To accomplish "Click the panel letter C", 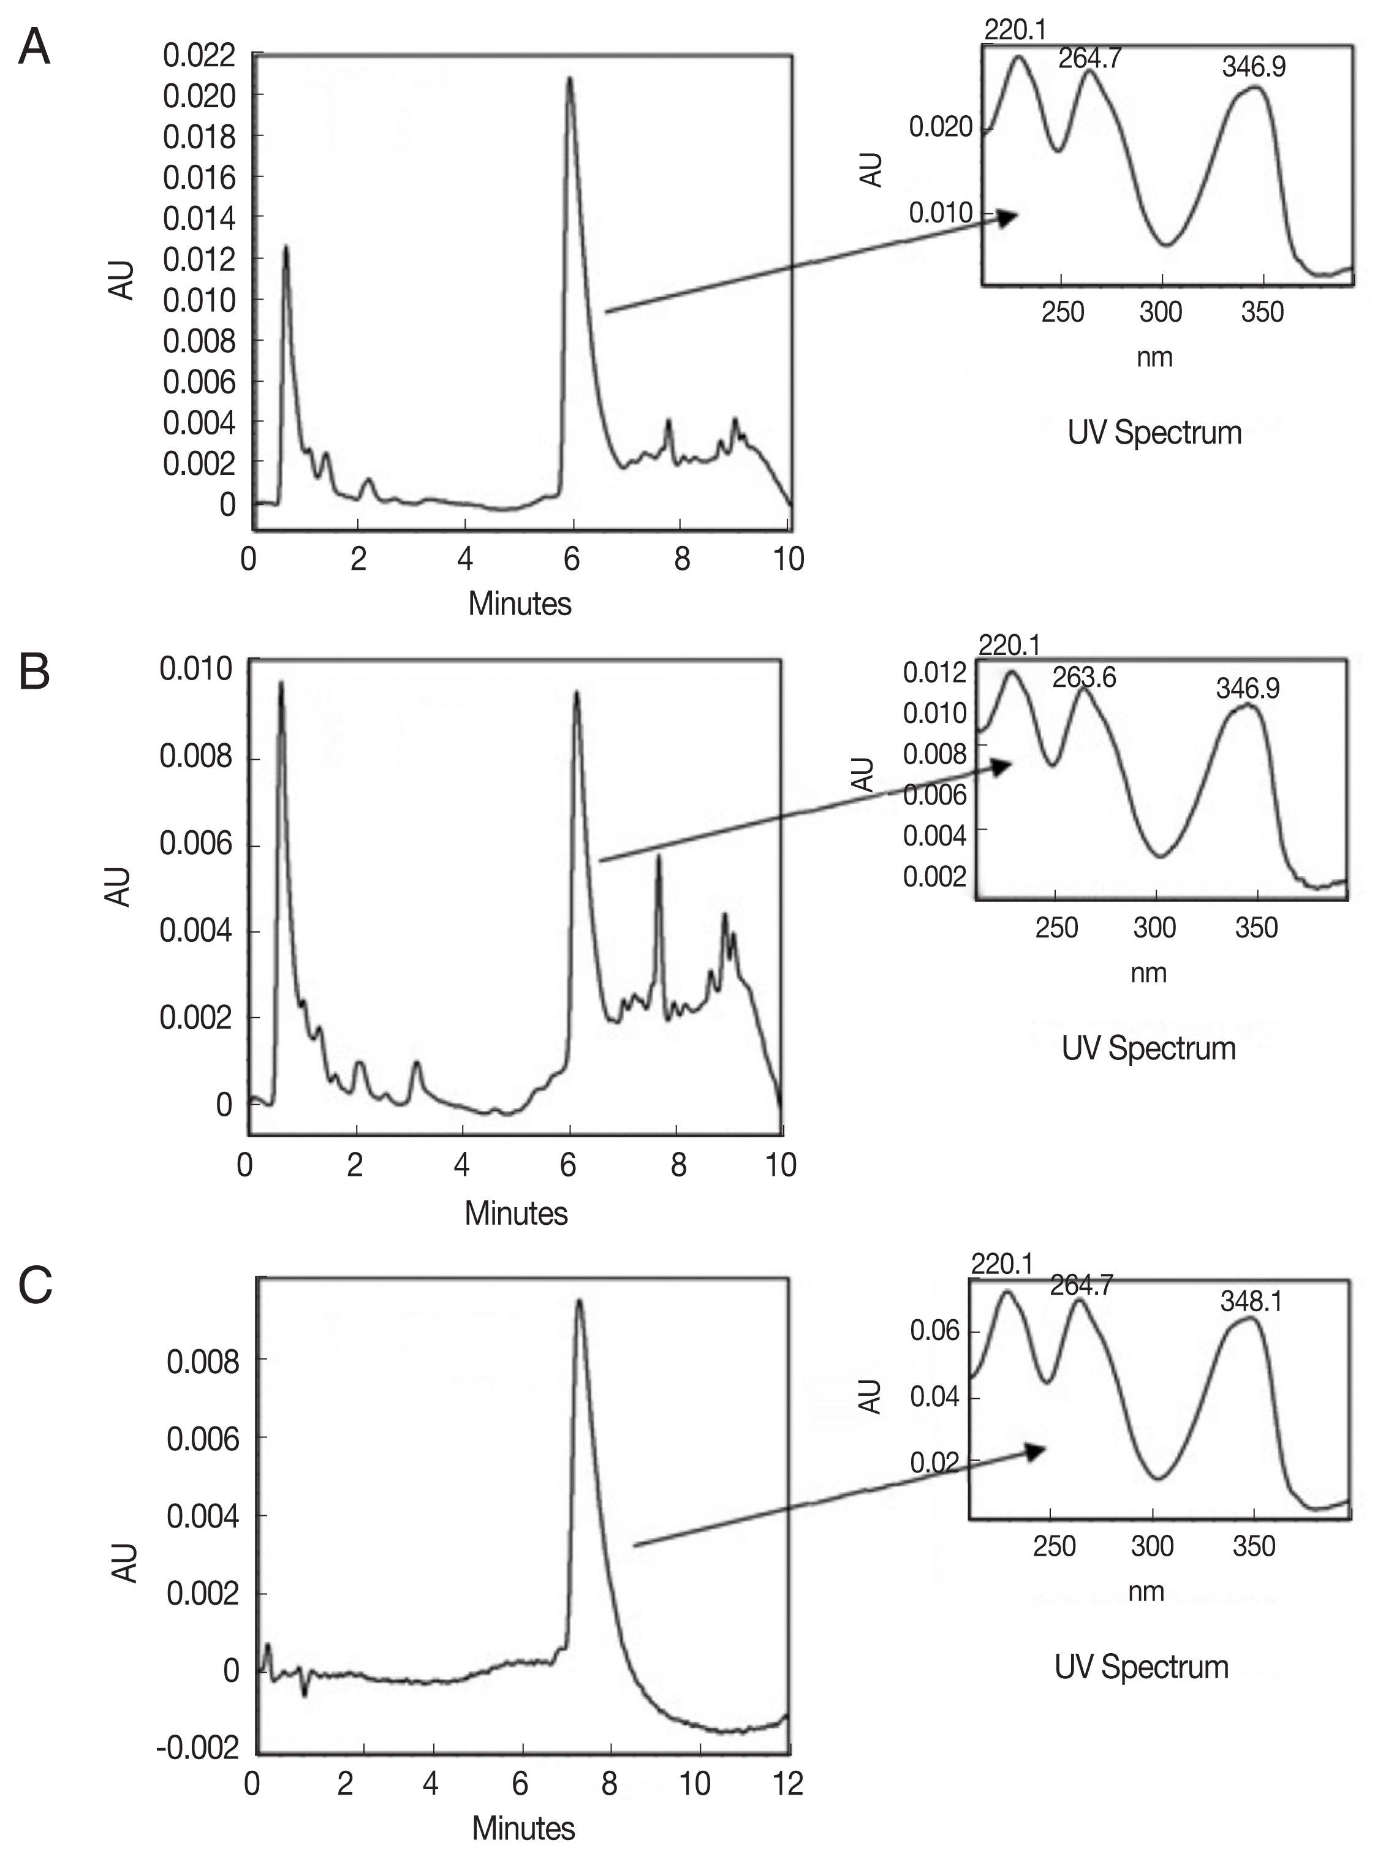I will pos(36,1286).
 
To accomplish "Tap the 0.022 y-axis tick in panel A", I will pos(199,56).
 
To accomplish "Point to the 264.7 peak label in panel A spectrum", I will pos(1090,59).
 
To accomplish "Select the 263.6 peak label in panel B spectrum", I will pos(1084,678).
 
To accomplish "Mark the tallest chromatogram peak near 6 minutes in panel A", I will pos(570,79).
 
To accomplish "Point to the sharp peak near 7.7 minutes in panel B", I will pos(659,857).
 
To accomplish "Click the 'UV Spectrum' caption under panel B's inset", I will pos(1148,1048).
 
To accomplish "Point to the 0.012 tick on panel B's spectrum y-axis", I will pos(934,672).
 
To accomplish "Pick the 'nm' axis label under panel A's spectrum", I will pos(1154,357).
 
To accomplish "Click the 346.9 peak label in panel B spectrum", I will pos(1247,689).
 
